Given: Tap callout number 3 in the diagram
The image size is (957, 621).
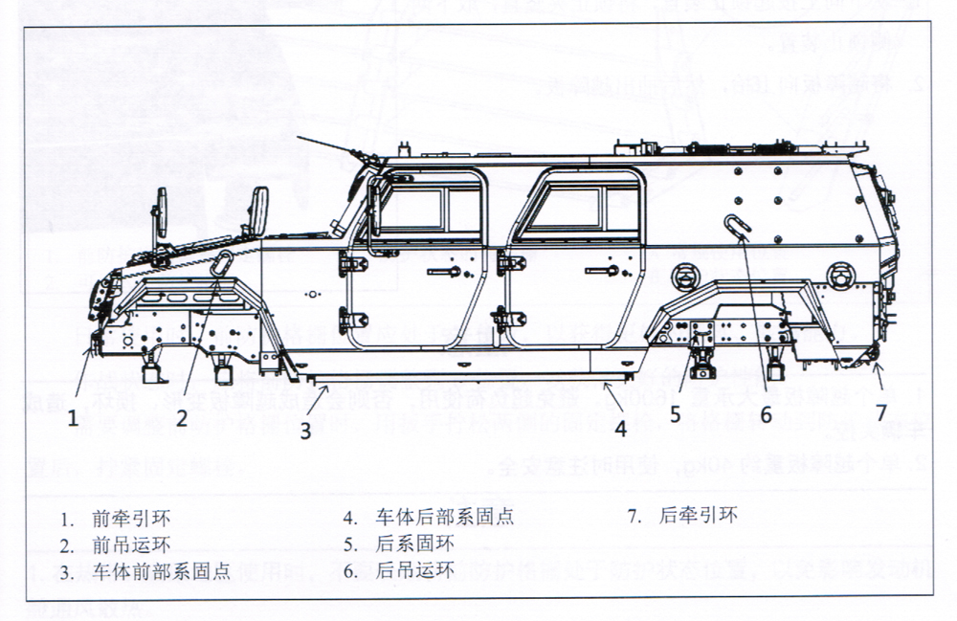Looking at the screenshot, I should click(305, 430).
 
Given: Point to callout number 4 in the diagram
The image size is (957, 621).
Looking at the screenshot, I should click(620, 429).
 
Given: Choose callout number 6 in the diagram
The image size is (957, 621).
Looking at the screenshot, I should click(766, 415).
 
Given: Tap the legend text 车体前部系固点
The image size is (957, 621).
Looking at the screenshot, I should click(162, 572).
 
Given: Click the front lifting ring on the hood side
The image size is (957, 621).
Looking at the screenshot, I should click(220, 265).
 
